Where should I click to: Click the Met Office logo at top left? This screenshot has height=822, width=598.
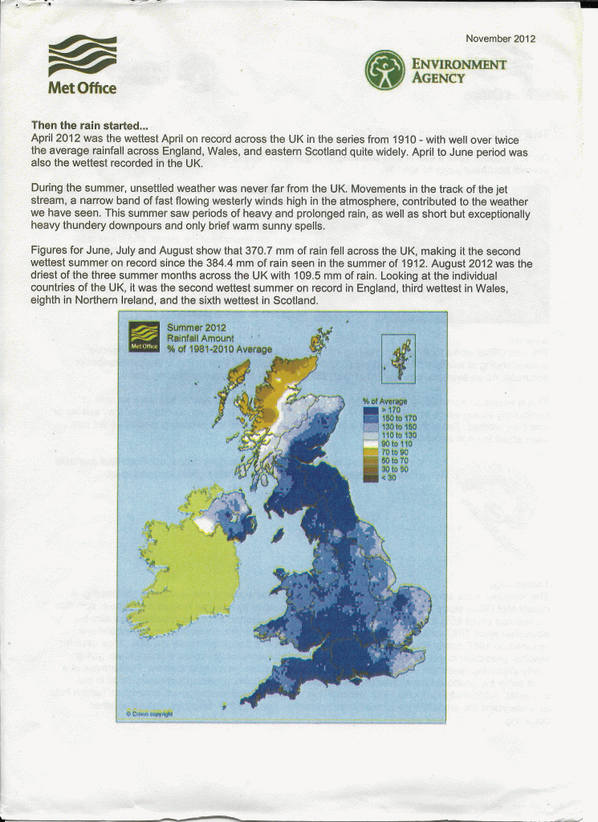point(83,65)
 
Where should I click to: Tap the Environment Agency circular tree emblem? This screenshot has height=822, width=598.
point(384,71)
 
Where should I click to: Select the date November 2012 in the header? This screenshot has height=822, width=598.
point(500,39)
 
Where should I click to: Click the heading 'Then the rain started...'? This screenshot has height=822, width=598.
point(89,126)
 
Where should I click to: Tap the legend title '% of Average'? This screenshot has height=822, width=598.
point(384,401)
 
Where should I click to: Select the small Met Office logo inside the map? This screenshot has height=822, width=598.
point(144,336)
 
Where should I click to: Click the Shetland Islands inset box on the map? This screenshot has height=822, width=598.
point(399,359)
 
